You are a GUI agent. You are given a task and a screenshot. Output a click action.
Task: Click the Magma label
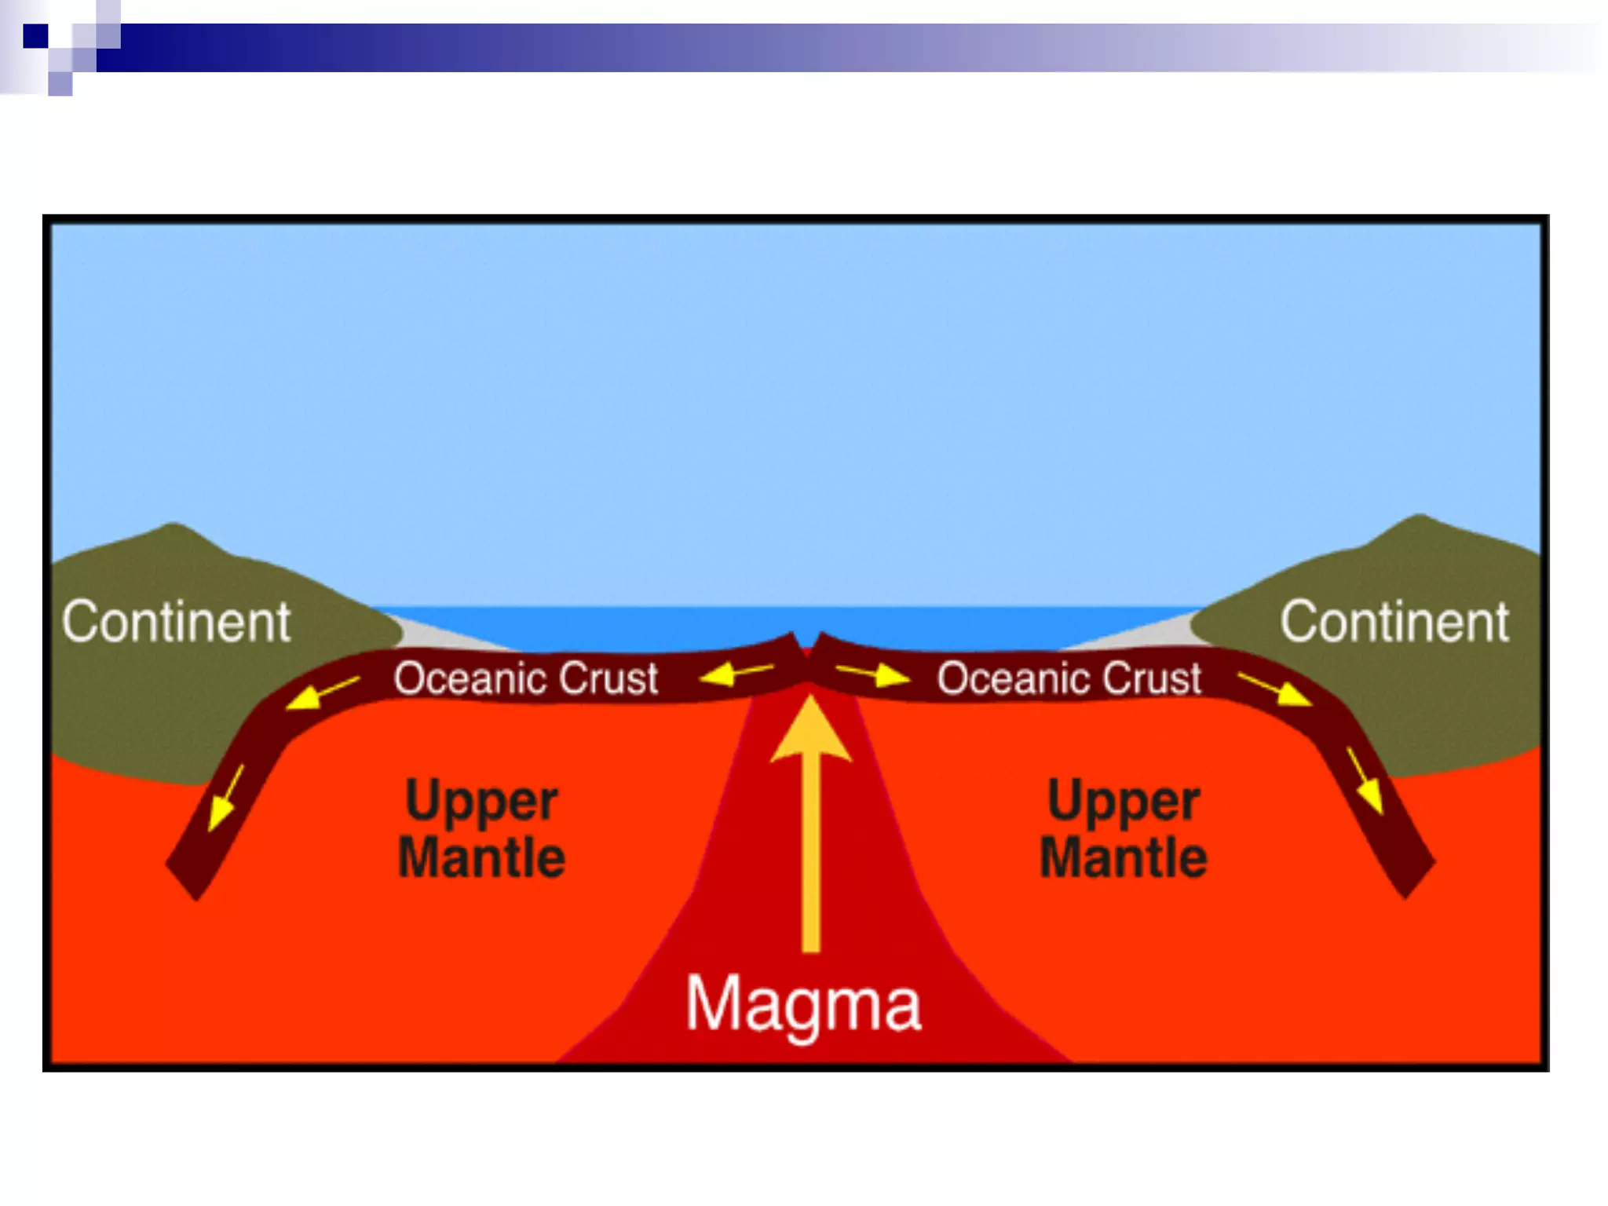tap(802, 1004)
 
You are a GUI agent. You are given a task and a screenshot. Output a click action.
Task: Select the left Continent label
tap(177, 623)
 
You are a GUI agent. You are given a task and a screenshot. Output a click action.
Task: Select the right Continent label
tap(1394, 623)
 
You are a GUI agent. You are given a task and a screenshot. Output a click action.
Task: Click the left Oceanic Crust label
tap(525, 678)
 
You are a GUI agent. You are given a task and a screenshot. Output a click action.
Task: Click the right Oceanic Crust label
tap(1069, 678)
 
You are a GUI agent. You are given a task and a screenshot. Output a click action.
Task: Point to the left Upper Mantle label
tap(481, 829)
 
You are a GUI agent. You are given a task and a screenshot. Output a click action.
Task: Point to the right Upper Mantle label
tap(1124, 829)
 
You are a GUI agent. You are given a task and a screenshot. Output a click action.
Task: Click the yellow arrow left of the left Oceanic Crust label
tap(322, 693)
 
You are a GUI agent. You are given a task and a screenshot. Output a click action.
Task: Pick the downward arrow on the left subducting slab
tap(225, 798)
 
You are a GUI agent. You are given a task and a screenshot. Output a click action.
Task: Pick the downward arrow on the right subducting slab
tap(1365, 780)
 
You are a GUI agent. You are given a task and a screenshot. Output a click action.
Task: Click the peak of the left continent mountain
tap(174, 528)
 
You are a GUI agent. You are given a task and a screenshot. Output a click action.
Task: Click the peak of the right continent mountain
tap(1420, 519)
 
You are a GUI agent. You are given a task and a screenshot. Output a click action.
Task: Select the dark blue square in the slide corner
tap(35, 36)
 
